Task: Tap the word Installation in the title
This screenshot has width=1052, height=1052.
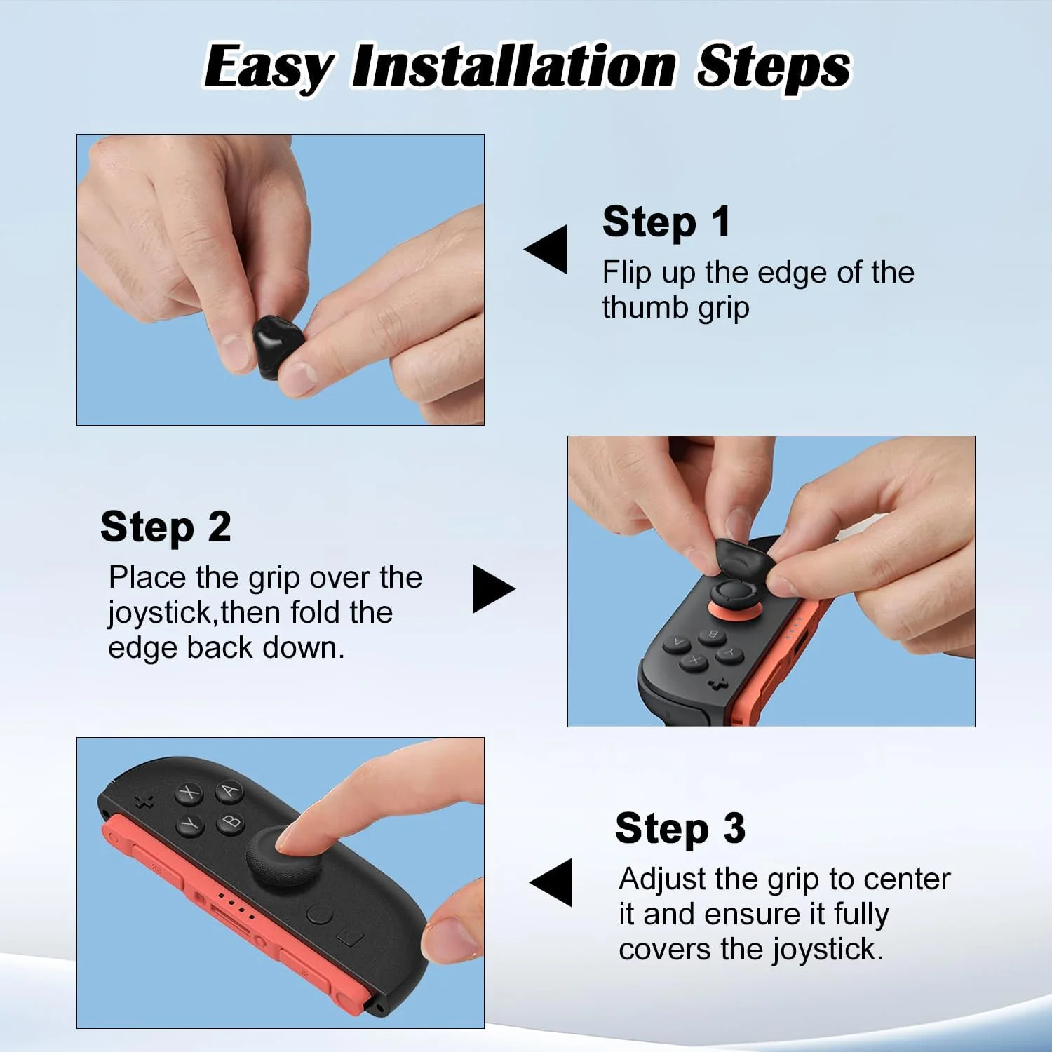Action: (x=515, y=66)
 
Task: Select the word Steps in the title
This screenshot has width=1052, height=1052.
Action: (x=774, y=67)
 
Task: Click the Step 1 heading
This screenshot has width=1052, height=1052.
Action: (x=666, y=223)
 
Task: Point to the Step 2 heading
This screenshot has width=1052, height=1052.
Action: (x=166, y=527)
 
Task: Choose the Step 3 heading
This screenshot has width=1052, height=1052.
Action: (x=680, y=829)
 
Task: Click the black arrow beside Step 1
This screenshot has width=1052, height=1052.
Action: (x=546, y=249)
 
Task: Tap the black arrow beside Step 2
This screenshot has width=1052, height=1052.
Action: (x=494, y=588)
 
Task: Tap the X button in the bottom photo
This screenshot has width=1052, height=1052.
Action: (x=189, y=793)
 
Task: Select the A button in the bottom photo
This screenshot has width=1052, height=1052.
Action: (x=229, y=790)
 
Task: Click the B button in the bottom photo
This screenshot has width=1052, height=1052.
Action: (x=231, y=821)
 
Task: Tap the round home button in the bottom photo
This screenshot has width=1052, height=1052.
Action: (x=320, y=915)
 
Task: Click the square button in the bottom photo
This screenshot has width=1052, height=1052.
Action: (x=350, y=937)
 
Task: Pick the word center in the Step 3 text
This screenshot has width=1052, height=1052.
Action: (x=907, y=879)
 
